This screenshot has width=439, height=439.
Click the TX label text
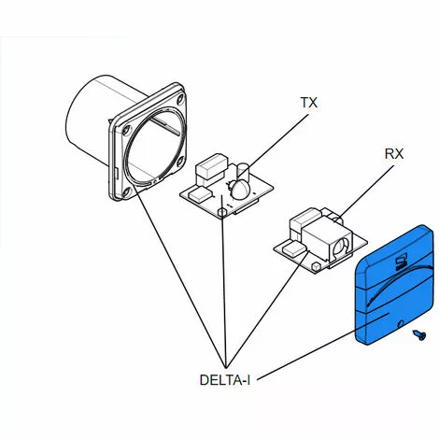click(x=309, y=103)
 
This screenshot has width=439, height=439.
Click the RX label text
click(x=394, y=154)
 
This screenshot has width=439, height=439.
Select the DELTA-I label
click(x=225, y=380)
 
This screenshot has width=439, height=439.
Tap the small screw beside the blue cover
click(x=419, y=335)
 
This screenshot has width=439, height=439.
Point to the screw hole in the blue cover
click(x=401, y=323)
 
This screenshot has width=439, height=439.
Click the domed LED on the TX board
click(x=240, y=190)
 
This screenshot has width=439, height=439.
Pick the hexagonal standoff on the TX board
click(x=221, y=213)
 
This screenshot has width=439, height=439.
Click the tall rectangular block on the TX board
click(x=211, y=167)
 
